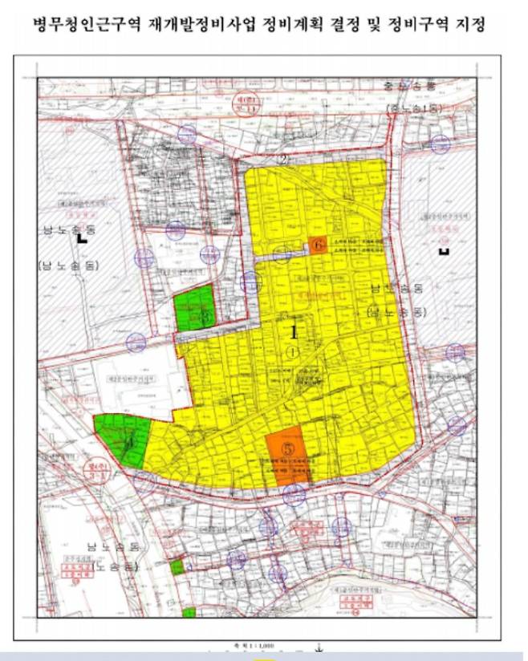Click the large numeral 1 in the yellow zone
pos(294,331)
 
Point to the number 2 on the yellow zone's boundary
pos(283,159)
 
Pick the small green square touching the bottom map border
pos(189,613)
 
